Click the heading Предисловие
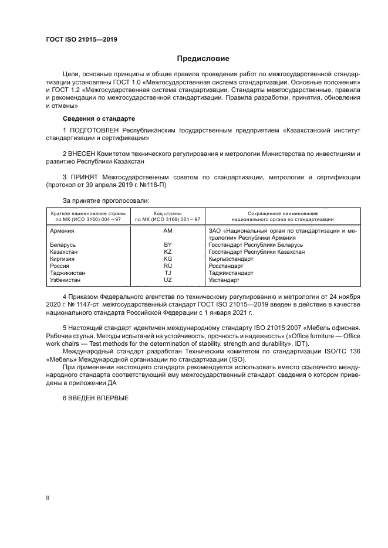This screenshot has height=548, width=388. (x=203, y=59)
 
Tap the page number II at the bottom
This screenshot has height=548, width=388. (x=48, y=498)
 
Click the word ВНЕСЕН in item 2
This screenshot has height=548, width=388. (x=87, y=154)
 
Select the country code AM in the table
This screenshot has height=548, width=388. (x=167, y=231)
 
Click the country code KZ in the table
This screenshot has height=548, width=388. (x=167, y=251)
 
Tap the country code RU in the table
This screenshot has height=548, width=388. (x=167, y=266)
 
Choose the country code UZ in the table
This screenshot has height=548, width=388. (x=167, y=280)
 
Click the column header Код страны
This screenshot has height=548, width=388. (x=167, y=213)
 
